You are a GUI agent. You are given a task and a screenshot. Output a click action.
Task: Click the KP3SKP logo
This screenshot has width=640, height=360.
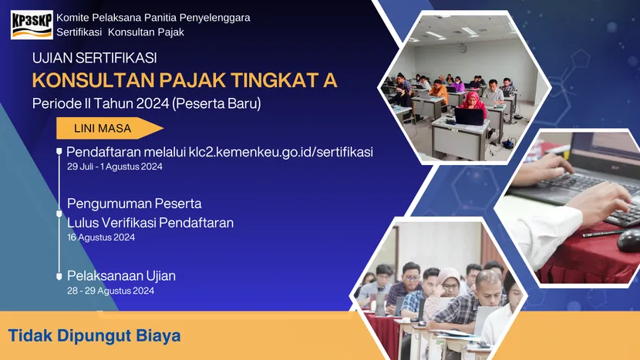(x=32, y=24)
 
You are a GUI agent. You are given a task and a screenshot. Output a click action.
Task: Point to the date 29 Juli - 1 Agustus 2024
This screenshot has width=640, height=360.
(x=114, y=167)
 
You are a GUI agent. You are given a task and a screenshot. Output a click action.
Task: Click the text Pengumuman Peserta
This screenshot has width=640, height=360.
(x=134, y=204)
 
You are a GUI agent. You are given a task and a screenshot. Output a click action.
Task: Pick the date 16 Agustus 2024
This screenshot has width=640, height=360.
(x=101, y=237)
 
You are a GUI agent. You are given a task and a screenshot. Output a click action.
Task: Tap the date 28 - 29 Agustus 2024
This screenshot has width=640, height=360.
(x=110, y=291)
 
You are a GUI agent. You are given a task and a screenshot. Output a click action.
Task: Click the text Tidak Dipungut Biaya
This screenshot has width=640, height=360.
(x=94, y=336)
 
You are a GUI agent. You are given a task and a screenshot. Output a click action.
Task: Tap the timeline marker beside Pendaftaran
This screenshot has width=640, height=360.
(x=59, y=152)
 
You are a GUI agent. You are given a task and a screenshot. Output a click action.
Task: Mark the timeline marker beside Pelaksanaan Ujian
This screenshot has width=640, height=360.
(x=59, y=275)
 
